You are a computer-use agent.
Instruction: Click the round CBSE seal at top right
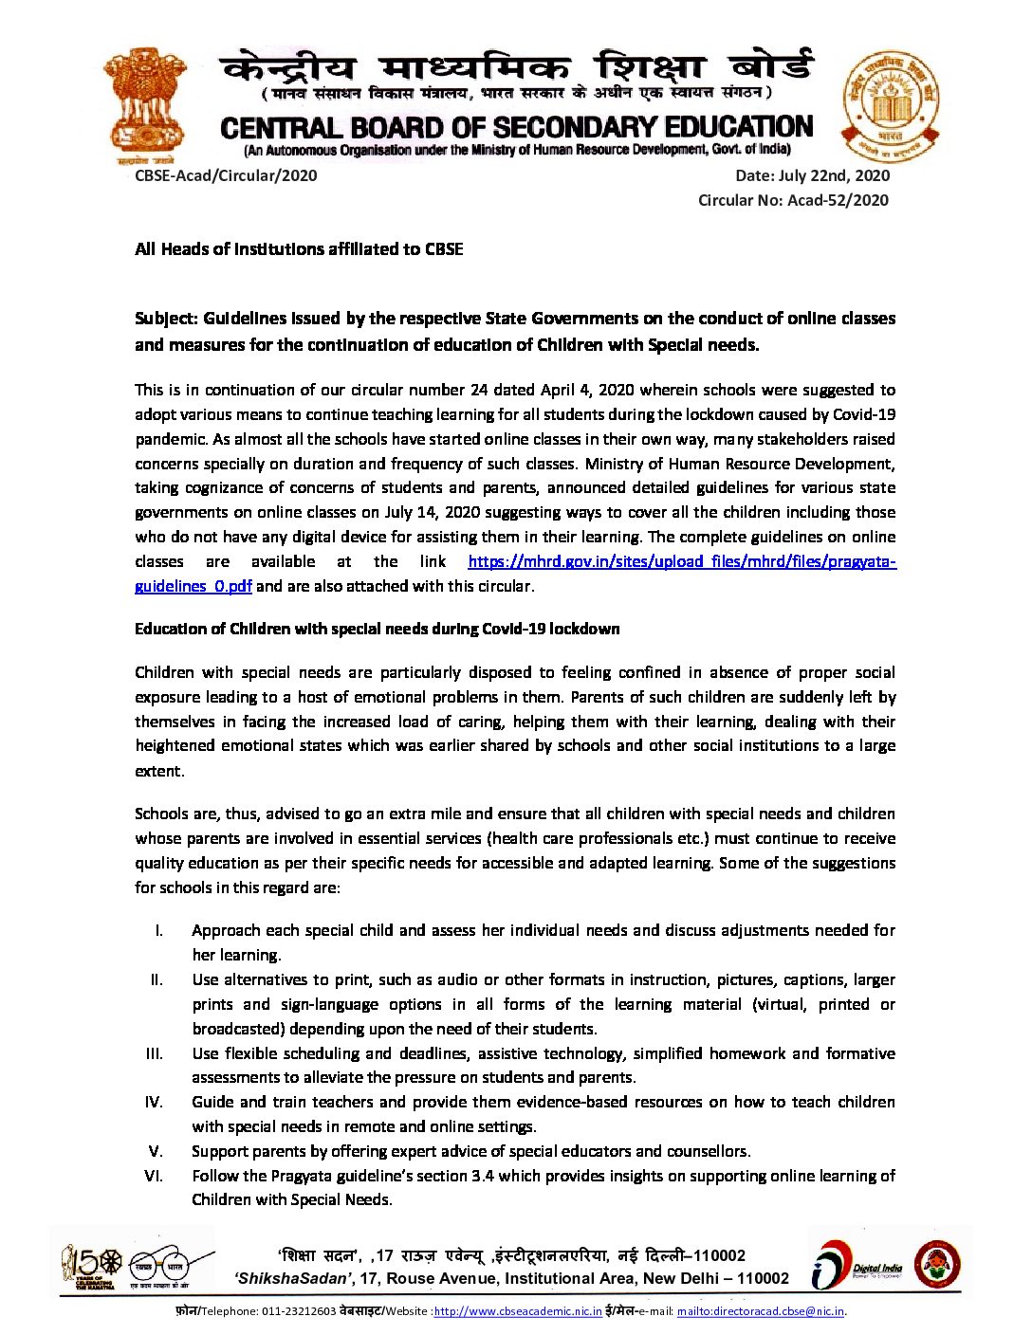[891, 106]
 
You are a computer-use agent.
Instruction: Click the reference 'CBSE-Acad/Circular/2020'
[226, 175]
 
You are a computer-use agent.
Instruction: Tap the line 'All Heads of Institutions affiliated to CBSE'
[299, 249]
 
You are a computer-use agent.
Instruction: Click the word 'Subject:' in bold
[166, 319]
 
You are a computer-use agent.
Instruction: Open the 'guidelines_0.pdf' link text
[193, 586]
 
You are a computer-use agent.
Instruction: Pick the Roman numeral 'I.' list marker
[159, 930]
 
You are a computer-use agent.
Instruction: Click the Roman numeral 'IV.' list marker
[154, 1102]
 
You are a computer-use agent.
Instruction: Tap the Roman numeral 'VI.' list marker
[154, 1176]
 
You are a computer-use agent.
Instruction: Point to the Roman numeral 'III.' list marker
[154, 1053]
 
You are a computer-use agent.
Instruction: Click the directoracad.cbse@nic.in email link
[761, 1312]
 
